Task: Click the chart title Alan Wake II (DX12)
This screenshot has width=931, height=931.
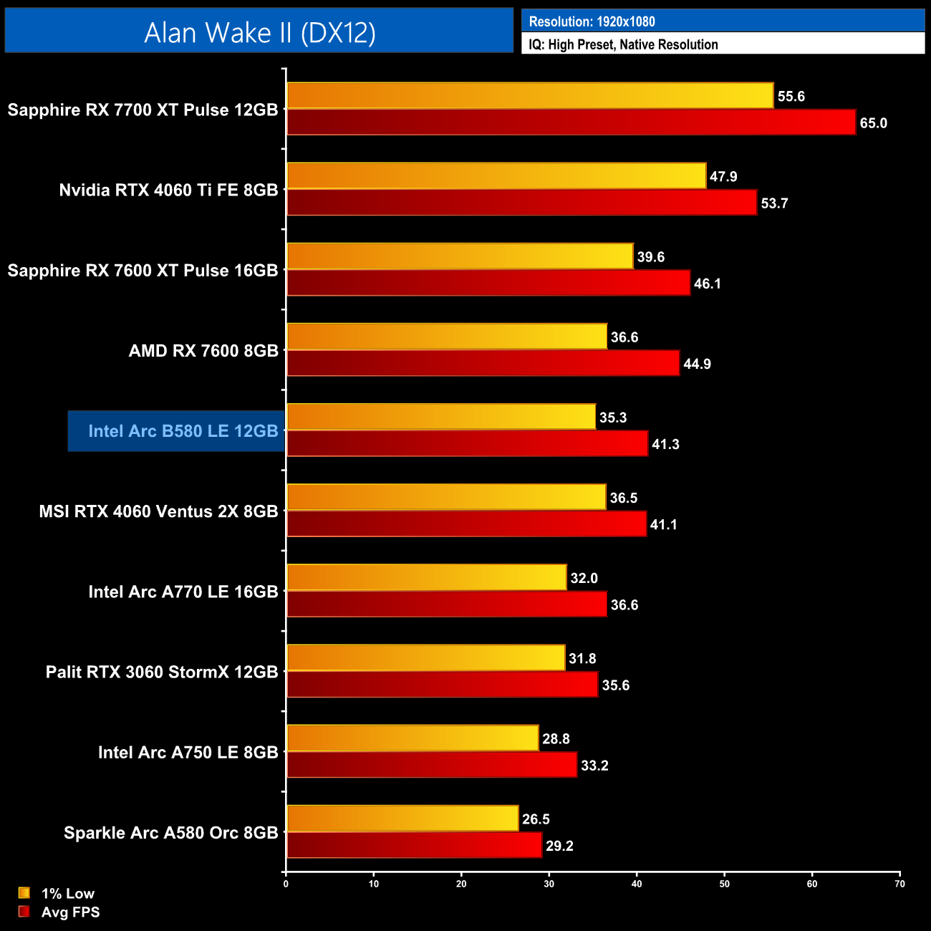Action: pos(259,32)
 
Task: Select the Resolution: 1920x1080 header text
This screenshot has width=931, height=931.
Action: pos(592,21)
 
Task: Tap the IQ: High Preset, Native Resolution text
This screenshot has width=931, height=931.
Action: pos(623,44)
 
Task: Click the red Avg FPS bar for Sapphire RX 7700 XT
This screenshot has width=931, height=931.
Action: pos(571,122)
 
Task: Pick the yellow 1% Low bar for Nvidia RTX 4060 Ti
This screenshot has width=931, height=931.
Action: pos(496,176)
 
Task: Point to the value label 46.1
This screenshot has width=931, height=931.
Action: pos(707,284)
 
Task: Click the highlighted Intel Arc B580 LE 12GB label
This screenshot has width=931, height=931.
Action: pos(183,431)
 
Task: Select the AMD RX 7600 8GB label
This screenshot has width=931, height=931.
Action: pos(203,351)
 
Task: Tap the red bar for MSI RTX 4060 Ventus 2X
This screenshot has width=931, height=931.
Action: pos(466,524)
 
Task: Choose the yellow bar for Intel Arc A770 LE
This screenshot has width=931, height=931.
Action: pos(426,578)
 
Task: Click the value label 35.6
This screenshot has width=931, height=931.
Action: pos(615,685)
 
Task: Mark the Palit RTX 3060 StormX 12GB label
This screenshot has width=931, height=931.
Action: pos(162,672)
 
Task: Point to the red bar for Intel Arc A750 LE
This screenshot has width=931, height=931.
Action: pos(432,765)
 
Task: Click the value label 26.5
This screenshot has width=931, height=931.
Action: pos(536,819)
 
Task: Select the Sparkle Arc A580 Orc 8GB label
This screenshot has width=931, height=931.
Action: pos(170,833)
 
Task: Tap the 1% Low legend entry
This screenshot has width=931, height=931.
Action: pos(67,893)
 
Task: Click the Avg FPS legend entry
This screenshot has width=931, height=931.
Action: pos(70,912)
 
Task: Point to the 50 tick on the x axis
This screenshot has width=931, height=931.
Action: pos(724,884)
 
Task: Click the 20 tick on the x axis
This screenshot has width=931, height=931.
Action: pos(461,884)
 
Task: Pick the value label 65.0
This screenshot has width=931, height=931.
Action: pos(873,123)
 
